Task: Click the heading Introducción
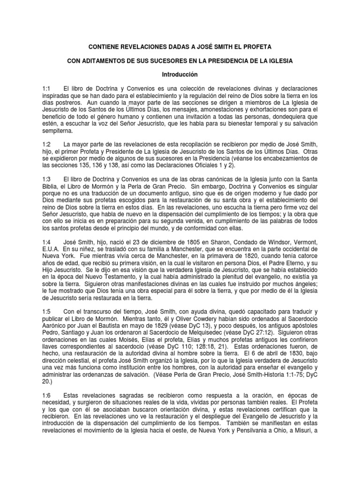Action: pos(180,75)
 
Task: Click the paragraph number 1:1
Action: pos(48,89)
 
